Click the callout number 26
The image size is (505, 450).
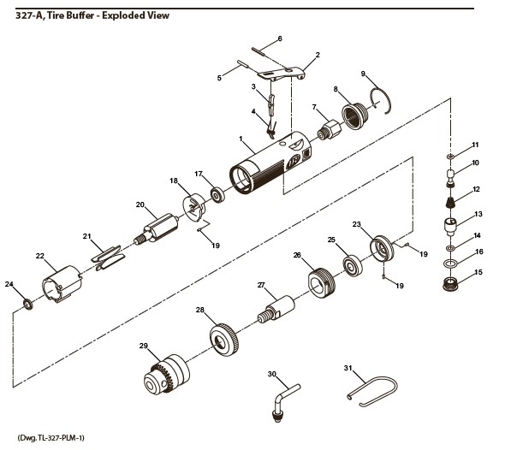297,255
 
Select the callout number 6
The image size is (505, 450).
279,38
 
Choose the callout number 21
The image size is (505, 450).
86,236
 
